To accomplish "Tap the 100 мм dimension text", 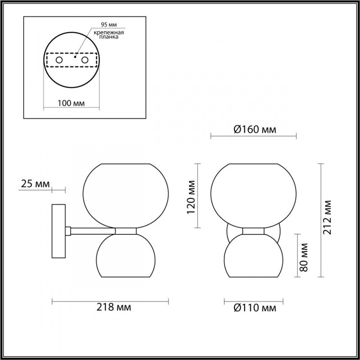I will [x=72, y=103].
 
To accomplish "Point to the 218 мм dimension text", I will [x=114, y=308].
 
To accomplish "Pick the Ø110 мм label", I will [x=255, y=308].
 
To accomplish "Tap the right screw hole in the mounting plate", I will [x=84, y=60].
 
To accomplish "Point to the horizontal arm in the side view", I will [x=92, y=231].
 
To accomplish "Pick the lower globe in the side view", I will [x=126, y=256].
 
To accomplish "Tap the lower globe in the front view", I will [x=253, y=256].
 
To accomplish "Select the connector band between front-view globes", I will [x=253, y=231].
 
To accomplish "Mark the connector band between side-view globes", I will [x=126, y=231].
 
